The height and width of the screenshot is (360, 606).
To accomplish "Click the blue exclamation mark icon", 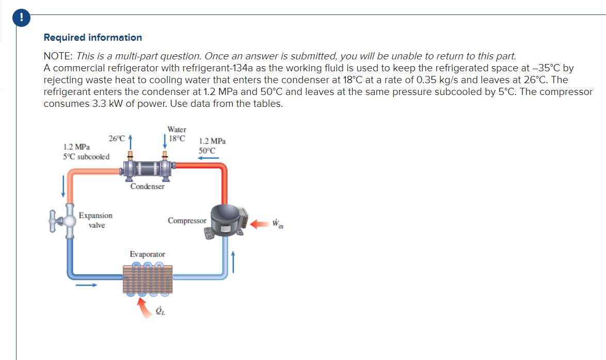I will pyautogui.click(x=21, y=17).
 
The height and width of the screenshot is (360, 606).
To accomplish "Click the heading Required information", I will pyautogui.click(x=93, y=37).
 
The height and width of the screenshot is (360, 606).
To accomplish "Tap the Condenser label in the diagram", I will pyautogui.click(x=147, y=186).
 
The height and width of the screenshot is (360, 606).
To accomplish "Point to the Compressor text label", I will pyautogui.click(x=187, y=221).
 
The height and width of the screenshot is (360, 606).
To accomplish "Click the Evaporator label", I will pyautogui.click(x=147, y=254).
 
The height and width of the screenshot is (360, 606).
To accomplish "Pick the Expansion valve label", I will pyautogui.click(x=96, y=220).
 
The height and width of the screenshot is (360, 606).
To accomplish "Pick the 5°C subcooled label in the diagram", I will pyautogui.click(x=86, y=156).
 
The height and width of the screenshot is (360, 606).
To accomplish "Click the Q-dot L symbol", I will pyautogui.click(x=161, y=311).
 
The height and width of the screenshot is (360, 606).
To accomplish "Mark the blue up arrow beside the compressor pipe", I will pyautogui.click(x=234, y=261).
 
